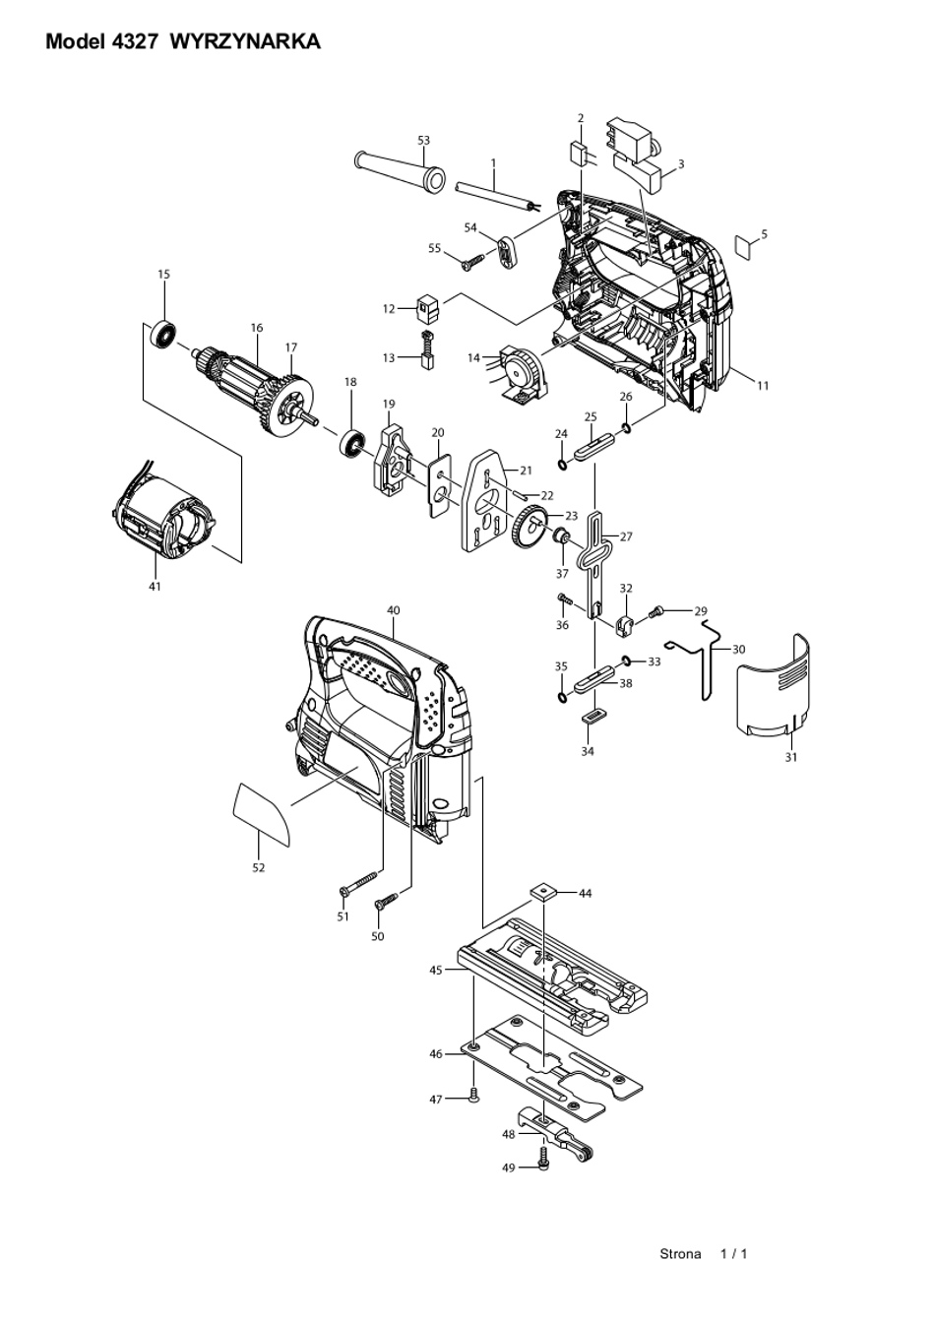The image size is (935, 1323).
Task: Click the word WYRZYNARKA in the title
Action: point(245,41)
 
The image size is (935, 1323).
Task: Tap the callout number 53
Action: point(423,140)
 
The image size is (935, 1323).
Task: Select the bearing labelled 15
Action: point(163,336)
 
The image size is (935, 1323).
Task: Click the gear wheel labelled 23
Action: point(529,528)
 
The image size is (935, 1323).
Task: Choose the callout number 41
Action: point(155,587)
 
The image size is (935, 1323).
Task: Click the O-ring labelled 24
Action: point(563,465)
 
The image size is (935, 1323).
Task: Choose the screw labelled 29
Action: point(656,612)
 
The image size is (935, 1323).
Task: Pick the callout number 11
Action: point(763,385)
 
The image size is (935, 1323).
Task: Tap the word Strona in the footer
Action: point(680,1253)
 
